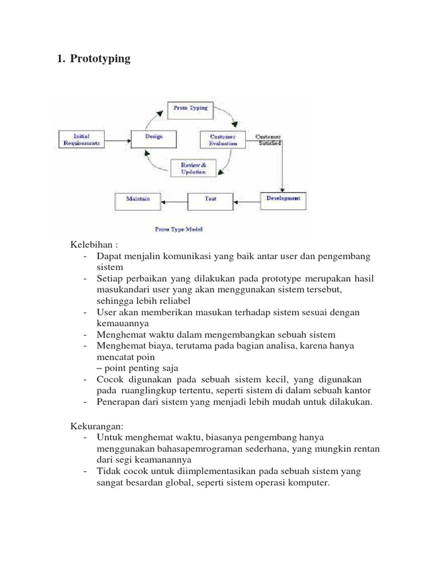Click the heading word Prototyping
(x=100, y=58)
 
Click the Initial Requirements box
(x=82, y=139)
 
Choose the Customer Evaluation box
(x=223, y=140)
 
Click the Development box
(x=283, y=199)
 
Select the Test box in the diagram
(x=210, y=200)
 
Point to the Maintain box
(x=138, y=200)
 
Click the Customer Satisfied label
(x=268, y=140)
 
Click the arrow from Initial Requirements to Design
(x=118, y=139)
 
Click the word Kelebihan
(x=90, y=245)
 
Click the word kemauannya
(x=123, y=323)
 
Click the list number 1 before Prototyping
(x=60, y=58)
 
